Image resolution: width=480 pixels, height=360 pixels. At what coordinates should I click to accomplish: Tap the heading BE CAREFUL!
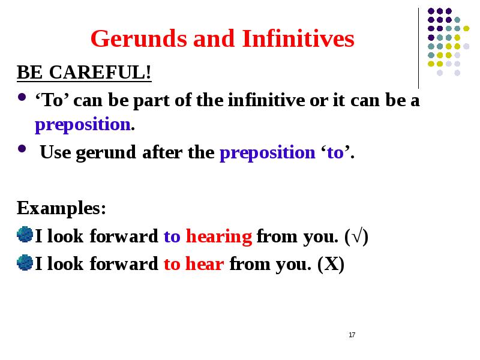click(x=84, y=73)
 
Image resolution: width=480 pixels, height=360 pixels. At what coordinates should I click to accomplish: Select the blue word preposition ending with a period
click(x=84, y=125)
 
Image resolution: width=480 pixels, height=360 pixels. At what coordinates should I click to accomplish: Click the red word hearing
click(x=218, y=236)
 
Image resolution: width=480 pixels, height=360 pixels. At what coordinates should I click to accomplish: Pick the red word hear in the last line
click(x=205, y=264)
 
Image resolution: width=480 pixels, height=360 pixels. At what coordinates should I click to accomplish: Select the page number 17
click(x=352, y=335)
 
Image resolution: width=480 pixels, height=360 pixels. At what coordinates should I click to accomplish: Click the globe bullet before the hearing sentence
click(x=25, y=235)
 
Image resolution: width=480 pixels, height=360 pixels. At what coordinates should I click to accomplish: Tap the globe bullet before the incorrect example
click(x=25, y=263)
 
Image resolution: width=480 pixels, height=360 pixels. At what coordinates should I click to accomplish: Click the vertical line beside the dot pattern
click(x=418, y=48)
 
